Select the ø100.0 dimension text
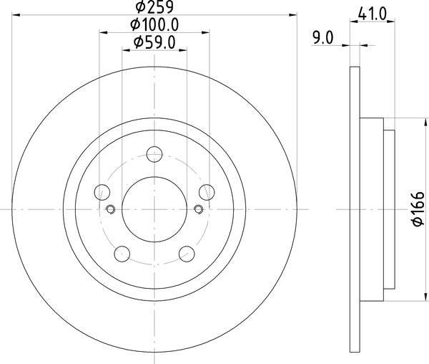(x=154, y=24)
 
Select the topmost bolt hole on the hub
(x=154, y=153)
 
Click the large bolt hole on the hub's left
(x=102, y=191)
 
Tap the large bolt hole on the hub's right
(x=207, y=191)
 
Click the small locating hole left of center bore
(x=111, y=209)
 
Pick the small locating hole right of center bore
(x=198, y=209)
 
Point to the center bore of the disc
(x=154, y=209)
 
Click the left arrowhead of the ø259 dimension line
(x=16, y=14)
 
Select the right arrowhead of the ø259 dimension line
(x=292, y=14)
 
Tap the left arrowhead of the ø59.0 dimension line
(x=126, y=50)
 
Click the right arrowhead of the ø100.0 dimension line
(x=206, y=32)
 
